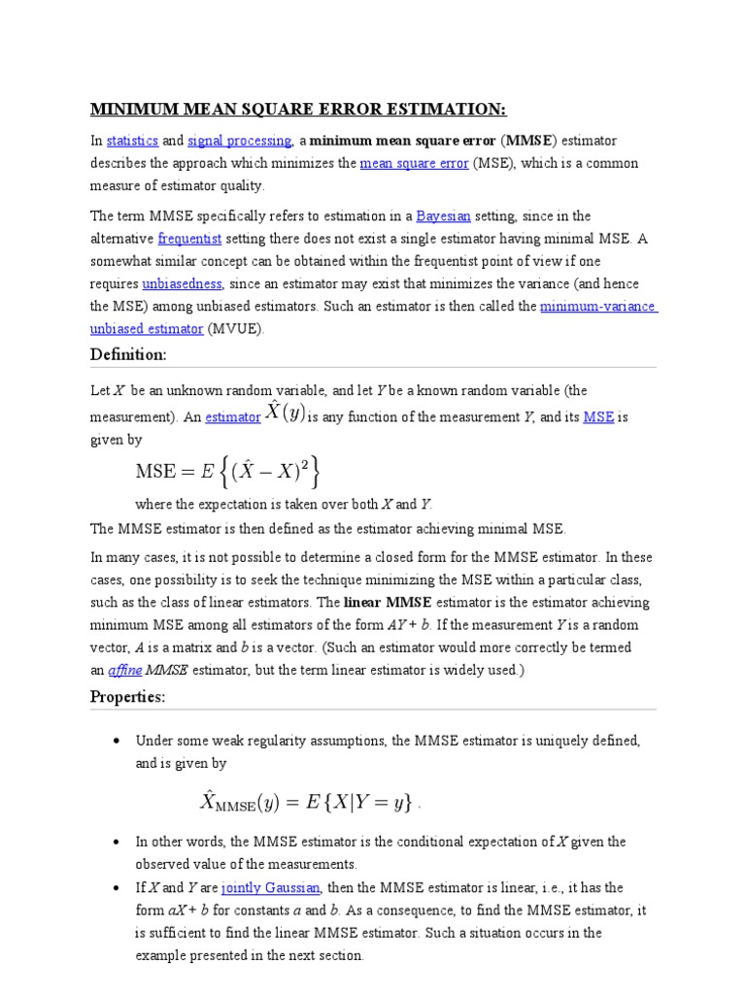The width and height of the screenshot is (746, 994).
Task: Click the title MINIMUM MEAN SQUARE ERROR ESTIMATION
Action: (299, 108)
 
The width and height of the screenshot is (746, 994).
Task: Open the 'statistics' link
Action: (131, 141)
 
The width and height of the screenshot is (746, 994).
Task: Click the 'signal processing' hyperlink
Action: (239, 141)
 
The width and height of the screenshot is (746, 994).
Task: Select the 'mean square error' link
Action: (414, 164)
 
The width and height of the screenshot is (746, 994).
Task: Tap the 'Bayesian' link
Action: (443, 215)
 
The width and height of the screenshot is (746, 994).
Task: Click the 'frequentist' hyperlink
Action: (189, 238)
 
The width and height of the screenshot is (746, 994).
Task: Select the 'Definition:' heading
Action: (128, 355)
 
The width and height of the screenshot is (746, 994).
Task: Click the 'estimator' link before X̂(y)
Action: (233, 417)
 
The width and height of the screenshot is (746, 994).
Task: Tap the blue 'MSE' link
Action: (598, 417)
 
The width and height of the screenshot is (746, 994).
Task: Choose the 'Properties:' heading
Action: (127, 697)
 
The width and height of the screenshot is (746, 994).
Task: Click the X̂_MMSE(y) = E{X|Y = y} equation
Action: (308, 801)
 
